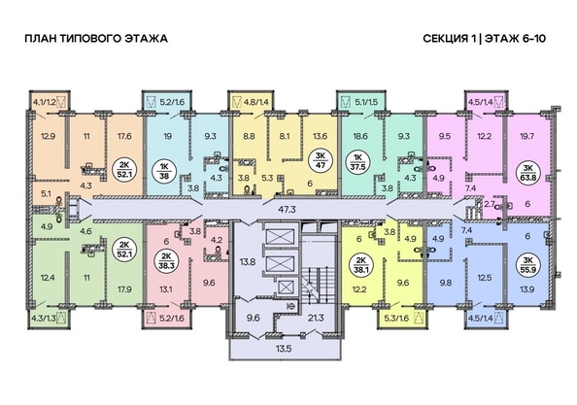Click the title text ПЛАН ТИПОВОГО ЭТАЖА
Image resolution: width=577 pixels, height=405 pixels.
[94, 39]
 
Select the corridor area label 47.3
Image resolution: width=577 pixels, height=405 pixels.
[287, 208]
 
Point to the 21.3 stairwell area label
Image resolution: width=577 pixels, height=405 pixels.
[314, 317]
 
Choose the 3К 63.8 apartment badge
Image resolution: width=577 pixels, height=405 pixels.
[528, 174]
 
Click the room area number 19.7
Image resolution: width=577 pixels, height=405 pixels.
[528, 138]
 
